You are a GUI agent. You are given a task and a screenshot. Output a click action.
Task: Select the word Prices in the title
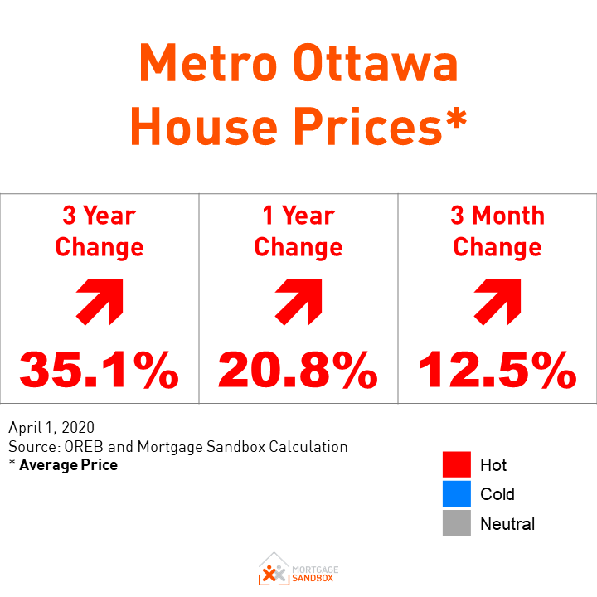point(368,127)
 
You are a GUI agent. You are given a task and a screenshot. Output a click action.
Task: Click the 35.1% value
point(99,369)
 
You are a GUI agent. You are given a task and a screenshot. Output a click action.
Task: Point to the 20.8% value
point(298,369)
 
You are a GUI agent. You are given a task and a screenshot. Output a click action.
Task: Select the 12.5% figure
point(498,369)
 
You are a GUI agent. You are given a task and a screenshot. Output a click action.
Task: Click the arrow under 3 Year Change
point(99,301)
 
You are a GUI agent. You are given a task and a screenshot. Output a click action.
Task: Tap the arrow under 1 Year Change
point(298,301)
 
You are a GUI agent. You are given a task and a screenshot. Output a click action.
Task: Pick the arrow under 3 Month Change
point(498,301)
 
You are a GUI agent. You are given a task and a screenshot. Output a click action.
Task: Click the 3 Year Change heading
point(99,231)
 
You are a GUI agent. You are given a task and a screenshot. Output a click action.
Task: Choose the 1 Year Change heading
point(298,231)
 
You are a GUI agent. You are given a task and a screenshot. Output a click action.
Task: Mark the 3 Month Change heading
point(498,231)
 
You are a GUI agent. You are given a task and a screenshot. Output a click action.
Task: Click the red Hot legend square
point(456,465)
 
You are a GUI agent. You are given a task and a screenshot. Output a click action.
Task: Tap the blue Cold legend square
point(456,494)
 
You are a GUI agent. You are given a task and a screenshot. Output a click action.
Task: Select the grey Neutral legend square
point(456,523)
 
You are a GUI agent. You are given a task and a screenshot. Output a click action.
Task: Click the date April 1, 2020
point(51,429)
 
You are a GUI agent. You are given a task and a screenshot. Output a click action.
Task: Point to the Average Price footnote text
point(68,465)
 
